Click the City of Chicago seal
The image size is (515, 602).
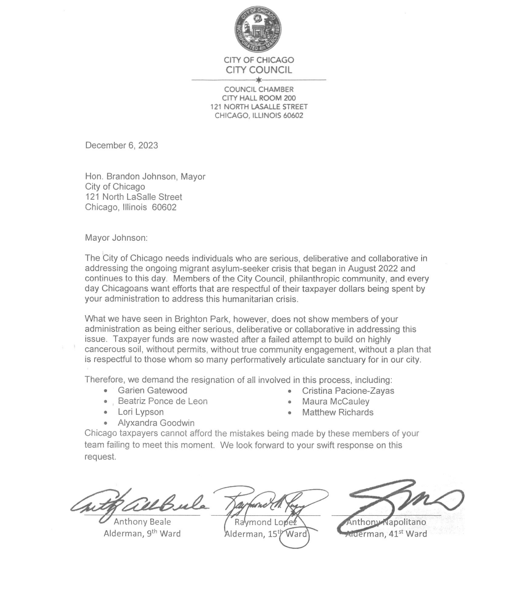(258, 28)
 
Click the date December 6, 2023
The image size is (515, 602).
(121, 145)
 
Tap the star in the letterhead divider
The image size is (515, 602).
(258, 80)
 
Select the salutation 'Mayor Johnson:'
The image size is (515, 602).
(116, 238)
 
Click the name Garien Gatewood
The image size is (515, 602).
(152, 391)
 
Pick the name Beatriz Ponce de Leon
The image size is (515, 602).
(162, 401)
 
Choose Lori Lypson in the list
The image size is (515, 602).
(141, 412)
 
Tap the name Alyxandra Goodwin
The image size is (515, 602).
(156, 423)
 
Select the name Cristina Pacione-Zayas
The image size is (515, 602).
(348, 391)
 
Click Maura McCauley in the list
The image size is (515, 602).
(335, 402)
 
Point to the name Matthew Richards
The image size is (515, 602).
(338, 412)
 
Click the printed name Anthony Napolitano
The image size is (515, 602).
(386, 522)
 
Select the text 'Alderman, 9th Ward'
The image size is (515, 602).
(142, 533)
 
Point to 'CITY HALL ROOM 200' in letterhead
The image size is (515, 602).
(259, 98)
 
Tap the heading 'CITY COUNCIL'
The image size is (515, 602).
(259, 70)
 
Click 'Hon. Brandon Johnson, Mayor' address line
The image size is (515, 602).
(145, 177)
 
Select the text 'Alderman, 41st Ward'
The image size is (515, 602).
(386, 534)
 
